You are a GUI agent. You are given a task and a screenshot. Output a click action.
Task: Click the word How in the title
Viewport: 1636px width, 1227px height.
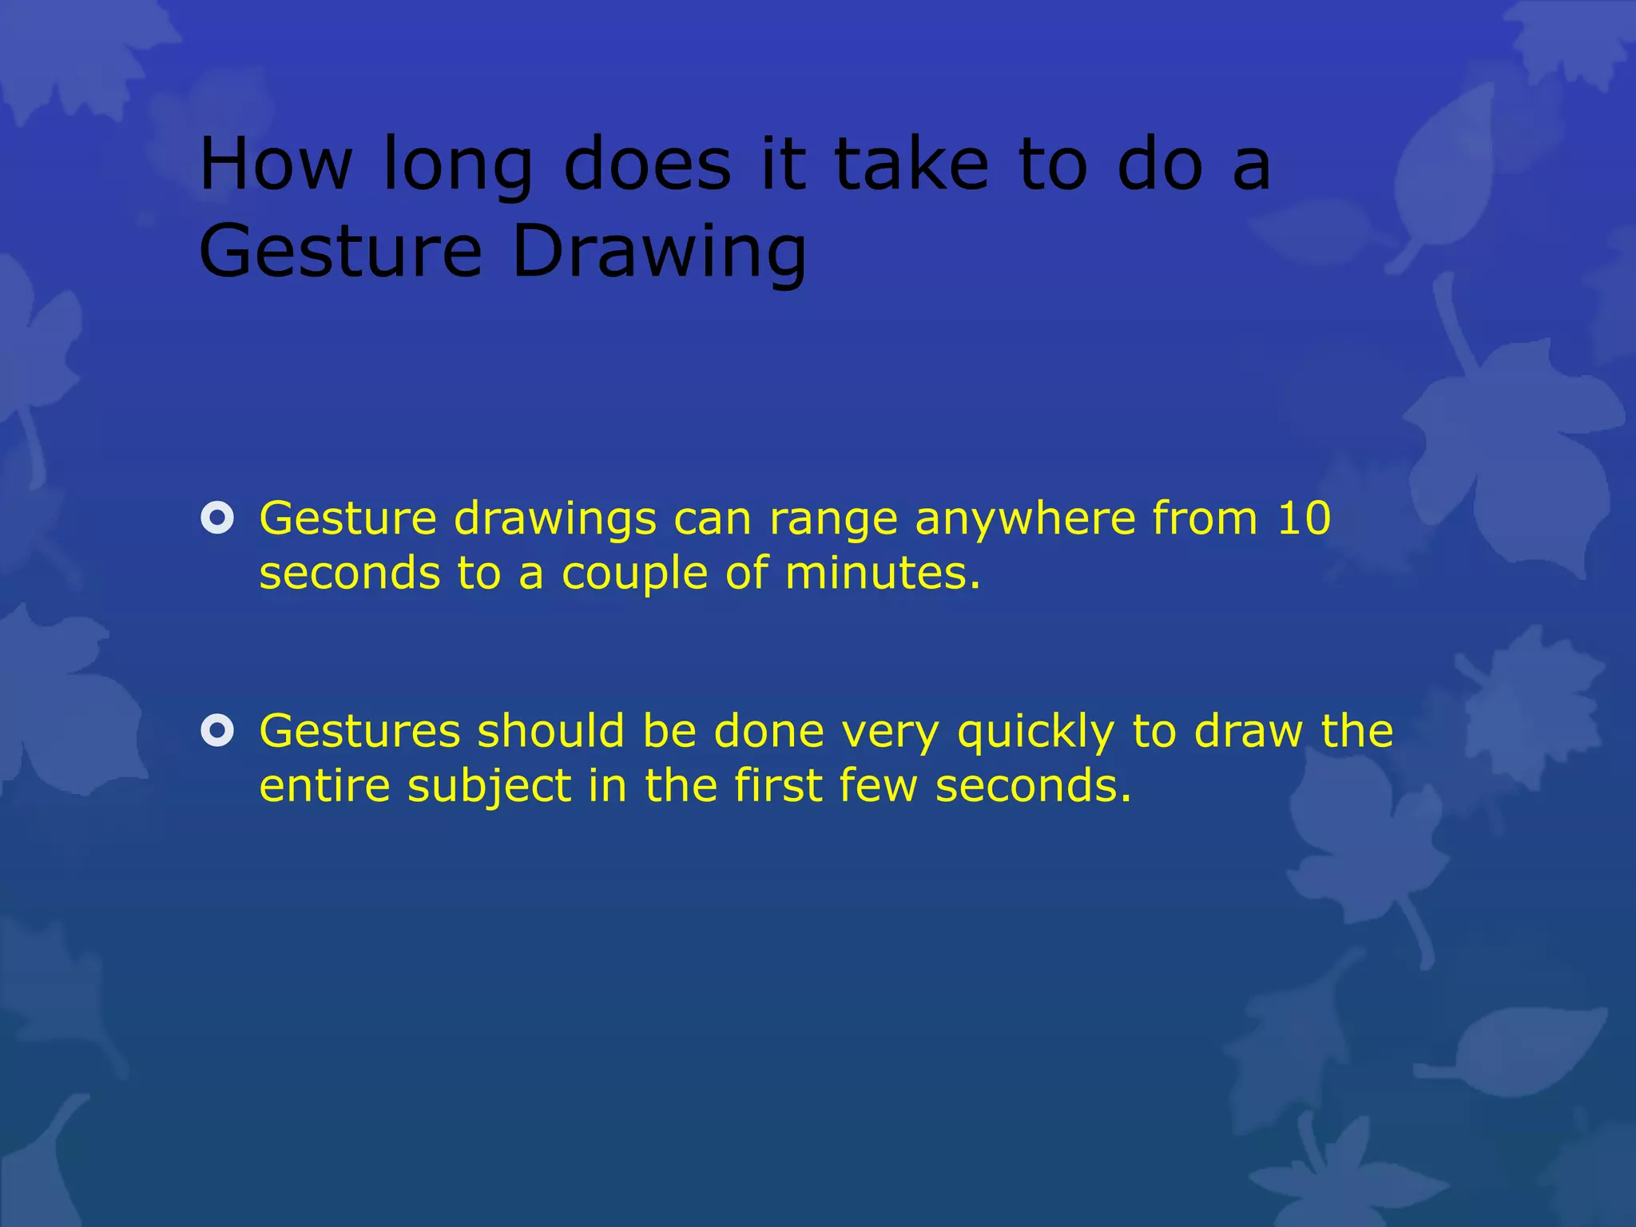tap(276, 164)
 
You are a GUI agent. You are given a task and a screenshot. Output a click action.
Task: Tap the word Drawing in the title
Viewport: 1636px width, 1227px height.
tap(659, 252)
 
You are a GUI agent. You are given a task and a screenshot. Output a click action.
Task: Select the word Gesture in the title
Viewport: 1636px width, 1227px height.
tap(341, 252)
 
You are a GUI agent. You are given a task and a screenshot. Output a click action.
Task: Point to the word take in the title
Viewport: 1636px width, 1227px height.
tap(911, 164)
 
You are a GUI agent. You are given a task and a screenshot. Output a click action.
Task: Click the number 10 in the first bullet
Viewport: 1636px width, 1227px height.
tap(1304, 518)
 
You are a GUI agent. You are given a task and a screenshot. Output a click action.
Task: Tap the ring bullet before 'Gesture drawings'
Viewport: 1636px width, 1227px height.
tap(217, 518)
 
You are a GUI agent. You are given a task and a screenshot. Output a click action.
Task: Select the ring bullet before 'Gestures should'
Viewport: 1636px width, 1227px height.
tap(217, 731)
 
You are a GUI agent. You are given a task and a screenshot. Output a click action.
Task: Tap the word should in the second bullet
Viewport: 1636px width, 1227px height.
tap(550, 731)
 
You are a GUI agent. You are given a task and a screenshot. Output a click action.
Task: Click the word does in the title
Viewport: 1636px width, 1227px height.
tap(647, 164)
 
